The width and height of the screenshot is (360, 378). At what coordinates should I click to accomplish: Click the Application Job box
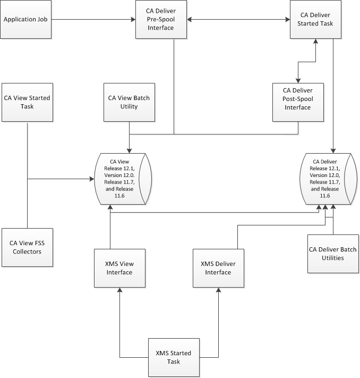pos(27,20)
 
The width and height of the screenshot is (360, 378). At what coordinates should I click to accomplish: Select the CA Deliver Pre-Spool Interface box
pos(161,20)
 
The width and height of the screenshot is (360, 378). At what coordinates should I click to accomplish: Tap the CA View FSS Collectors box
pos(27,248)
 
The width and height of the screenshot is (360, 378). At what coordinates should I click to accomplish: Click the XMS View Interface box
pos(119,268)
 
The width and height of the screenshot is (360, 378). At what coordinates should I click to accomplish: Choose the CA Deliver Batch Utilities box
pos(333,254)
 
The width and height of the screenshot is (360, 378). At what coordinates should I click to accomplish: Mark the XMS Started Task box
pos(174,357)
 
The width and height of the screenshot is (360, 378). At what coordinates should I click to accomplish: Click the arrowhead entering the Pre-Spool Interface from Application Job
pos(133,20)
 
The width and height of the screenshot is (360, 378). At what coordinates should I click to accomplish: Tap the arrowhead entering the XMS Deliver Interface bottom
pos(218,290)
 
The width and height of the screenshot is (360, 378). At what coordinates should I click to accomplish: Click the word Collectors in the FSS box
pos(27,252)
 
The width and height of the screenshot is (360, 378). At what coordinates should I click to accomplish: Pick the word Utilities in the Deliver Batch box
pos(333,258)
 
